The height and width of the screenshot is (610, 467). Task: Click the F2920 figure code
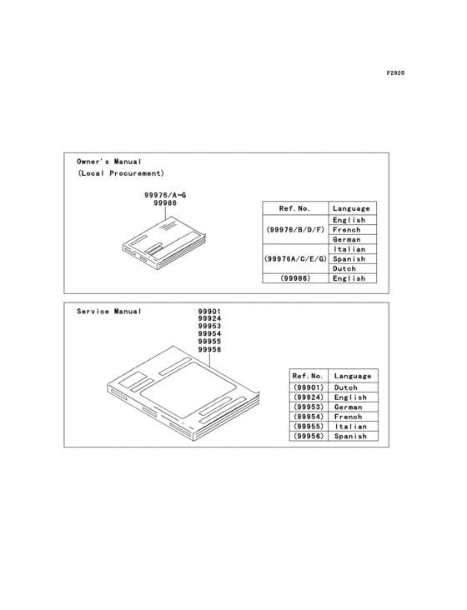click(395, 73)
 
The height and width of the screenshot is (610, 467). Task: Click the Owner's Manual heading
click(109, 162)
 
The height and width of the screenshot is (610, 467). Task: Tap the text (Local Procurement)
click(121, 173)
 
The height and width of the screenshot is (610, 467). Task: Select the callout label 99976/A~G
click(165, 195)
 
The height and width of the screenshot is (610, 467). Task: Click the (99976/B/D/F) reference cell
click(295, 229)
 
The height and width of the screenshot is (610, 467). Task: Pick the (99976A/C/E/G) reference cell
click(295, 258)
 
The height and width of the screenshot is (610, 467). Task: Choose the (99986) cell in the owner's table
click(295, 278)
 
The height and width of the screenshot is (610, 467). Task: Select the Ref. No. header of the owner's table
click(294, 208)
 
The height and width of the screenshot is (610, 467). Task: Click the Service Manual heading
click(109, 311)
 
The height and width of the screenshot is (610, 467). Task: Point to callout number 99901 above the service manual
click(209, 311)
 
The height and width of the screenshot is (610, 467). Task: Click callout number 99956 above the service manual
click(209, 349)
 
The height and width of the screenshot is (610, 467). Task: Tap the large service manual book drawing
click(183, 393)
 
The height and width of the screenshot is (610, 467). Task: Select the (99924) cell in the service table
click(309, 397)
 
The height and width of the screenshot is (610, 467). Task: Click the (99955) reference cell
click(309, 427)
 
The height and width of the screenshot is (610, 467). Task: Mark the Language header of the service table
click(353, 376)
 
